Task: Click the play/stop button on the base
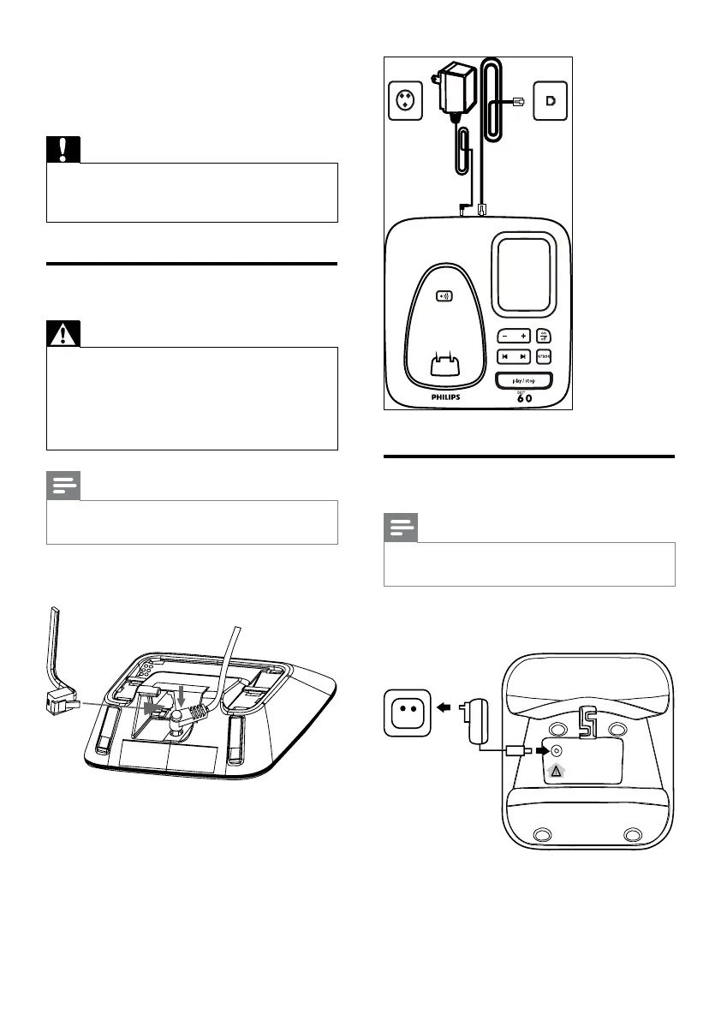523,380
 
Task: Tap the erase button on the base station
545,355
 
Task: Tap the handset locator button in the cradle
445,296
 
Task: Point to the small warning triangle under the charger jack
555,770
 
